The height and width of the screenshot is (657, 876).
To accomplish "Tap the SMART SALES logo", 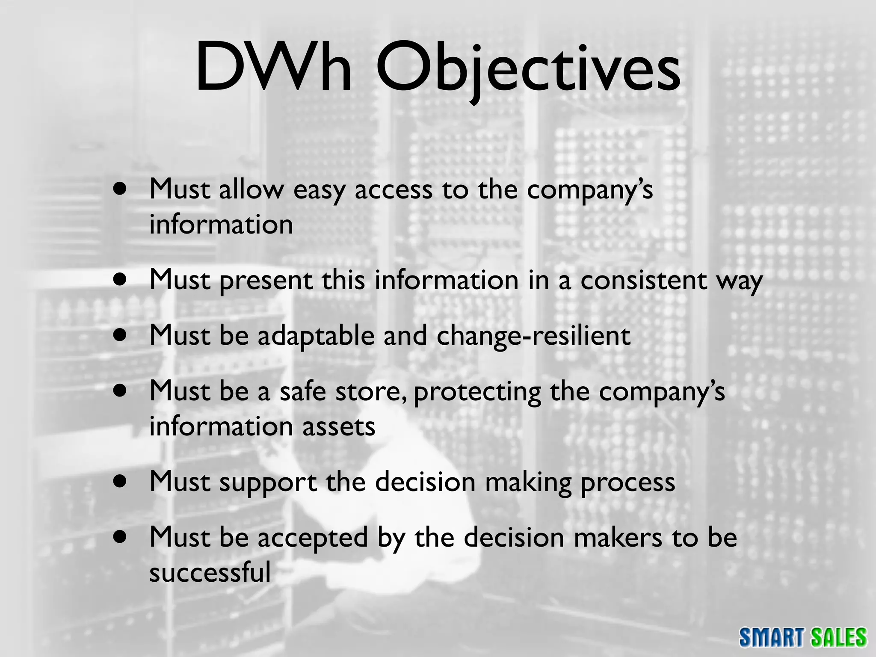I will (x=803, y=637).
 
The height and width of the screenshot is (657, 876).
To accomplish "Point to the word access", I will (x=393, y=190).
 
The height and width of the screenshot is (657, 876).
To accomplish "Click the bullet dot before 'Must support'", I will (x=121, y=481).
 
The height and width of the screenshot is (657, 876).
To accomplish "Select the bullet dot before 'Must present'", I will (x=121, y=280).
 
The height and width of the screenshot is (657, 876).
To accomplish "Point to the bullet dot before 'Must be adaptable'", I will (x=121, y=335).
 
